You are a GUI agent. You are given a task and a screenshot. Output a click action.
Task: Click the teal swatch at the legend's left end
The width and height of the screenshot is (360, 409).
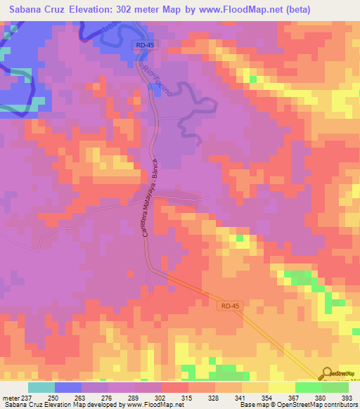pyautogui.click(x=41, y=387)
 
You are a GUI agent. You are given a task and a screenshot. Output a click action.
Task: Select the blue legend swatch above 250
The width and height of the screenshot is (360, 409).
pyautogui.click(x=68, y=387)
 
